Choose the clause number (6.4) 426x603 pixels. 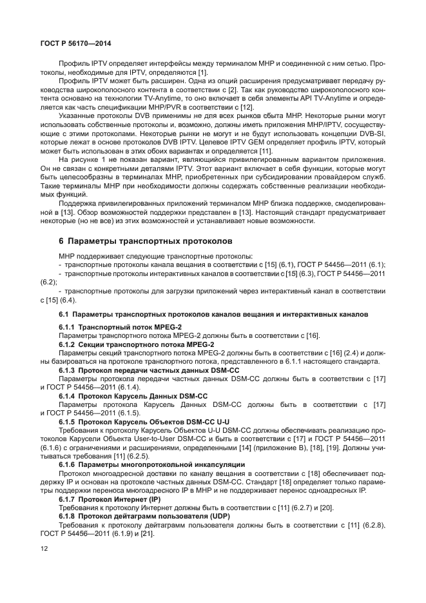(68, 300)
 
